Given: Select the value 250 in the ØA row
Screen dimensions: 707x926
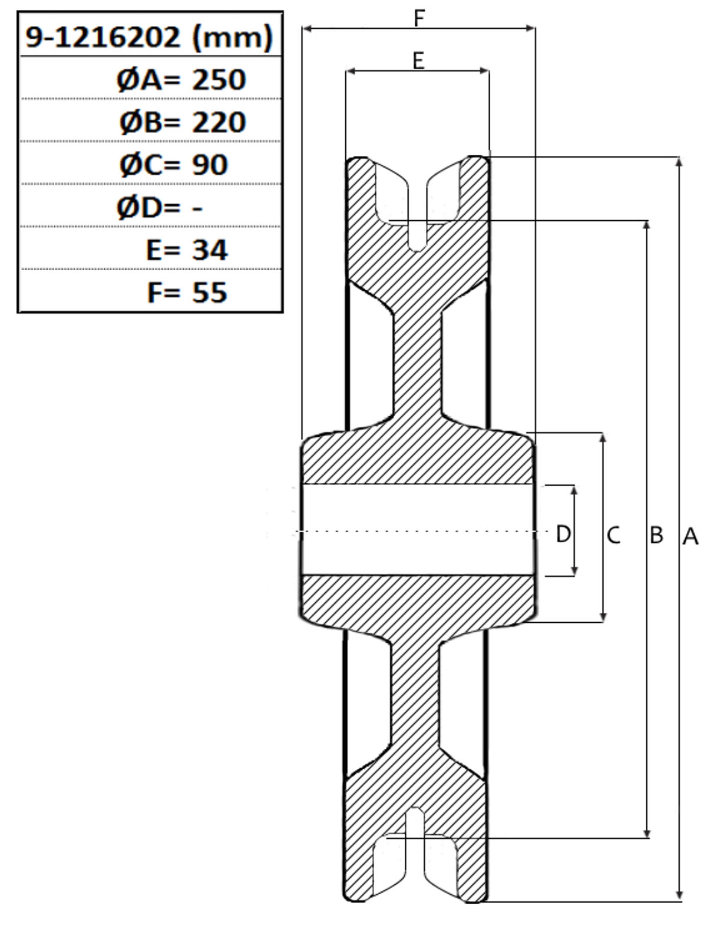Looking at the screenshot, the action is pyautogui.click(x=219, y=79).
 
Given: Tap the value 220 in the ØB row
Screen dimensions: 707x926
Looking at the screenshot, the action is pyautogui.click(x=219, y=122).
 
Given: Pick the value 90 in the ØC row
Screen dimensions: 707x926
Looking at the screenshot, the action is pyautogui.click(x=210, y=164).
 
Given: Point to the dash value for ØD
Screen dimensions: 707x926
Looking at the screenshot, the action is pyautogui.click(x=197, y=208).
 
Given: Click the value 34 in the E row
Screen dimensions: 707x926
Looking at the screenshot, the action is pyautogui.click(x=210, y=250).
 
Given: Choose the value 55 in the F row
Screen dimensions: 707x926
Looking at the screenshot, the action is pyautogui.click(x=210, y=293).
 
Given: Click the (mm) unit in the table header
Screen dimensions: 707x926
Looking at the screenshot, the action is pyautogui.click(x=232, y=38).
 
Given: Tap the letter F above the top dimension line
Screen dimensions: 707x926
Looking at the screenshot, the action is pyautogui.click(x=419, y=18).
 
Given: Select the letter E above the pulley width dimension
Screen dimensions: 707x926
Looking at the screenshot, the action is pyautogui.click(x=418, y=61).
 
